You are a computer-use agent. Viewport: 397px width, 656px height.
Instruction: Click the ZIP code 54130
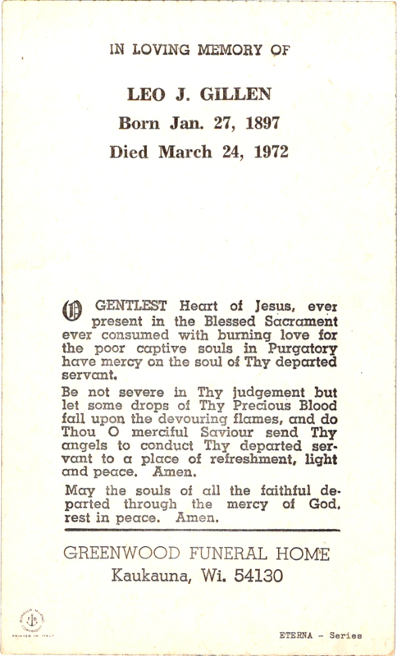(260, 576)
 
